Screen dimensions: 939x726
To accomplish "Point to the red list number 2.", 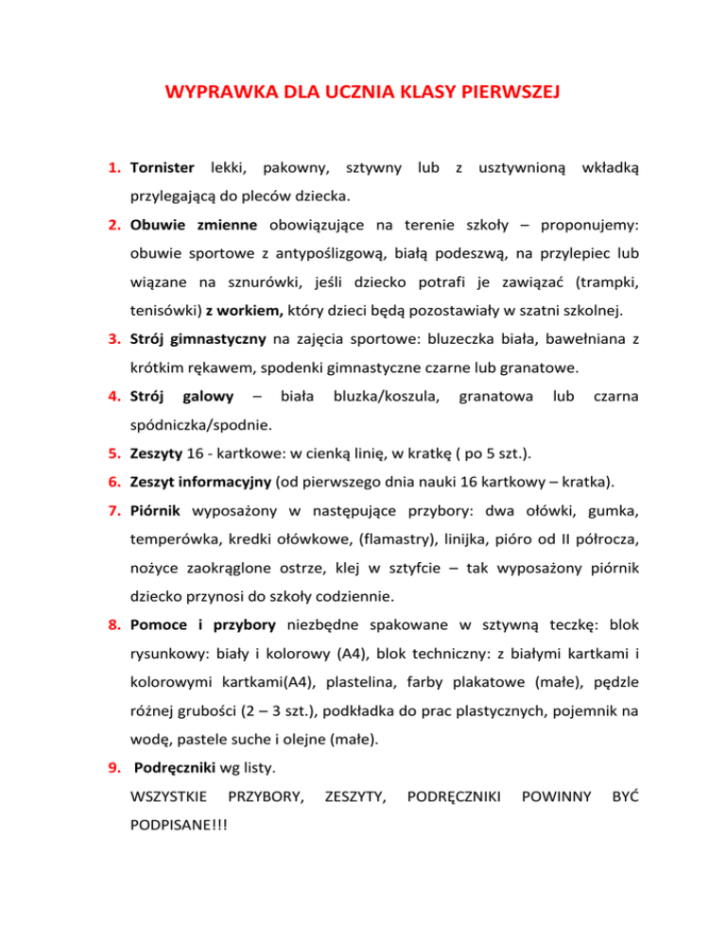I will point(112,226).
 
